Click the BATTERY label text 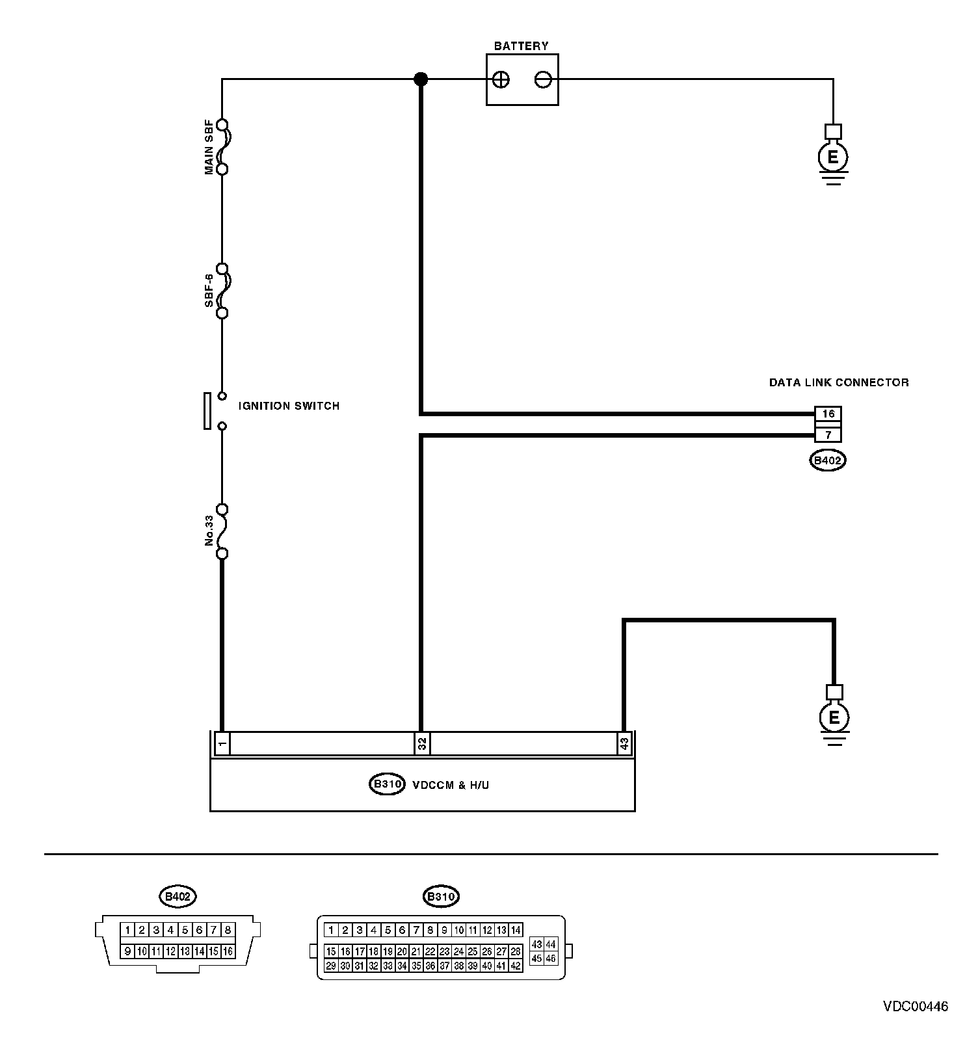click(x=521, y=46)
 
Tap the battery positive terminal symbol click(x=501, y=80)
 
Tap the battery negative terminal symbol click(x=543, y=80)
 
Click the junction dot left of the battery click(x=421, y=79)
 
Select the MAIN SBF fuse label click(x=209, y=147)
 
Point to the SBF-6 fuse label click(x=209, y=290)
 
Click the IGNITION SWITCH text click(x=289, y=406)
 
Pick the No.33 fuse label click(x=209, y=531)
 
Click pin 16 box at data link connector click(x=828, y=414)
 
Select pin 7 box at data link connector click(x=828, y=434)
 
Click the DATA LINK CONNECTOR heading click(x=839, y=382)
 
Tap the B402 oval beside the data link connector click(x=828, y=461)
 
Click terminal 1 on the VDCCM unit click(x=222, y=743)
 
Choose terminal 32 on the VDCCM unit click(x=422, y=743)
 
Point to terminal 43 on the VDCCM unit click(x=624, y=743)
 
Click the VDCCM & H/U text click(x=451, y=785)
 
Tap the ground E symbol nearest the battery click(x=833, y=157)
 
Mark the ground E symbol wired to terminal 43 click(x=834, y=718)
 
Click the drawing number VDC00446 click(x=915, y=1007)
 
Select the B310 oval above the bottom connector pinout click(x=441, y=897)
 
